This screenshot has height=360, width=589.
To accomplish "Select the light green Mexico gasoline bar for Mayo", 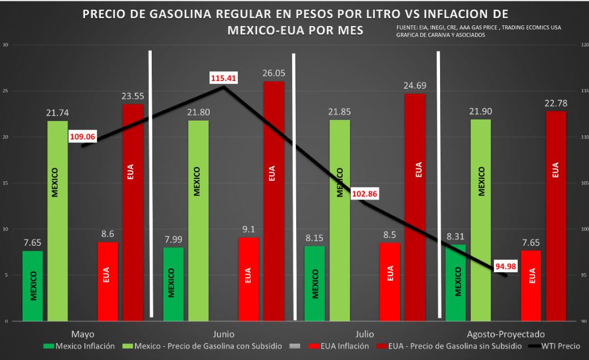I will pos(57,221).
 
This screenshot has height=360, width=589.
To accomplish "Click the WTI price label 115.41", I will pos(223,77).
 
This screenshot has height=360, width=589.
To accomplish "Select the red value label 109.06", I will pos(82,136).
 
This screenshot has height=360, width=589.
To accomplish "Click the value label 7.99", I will pos(173,238).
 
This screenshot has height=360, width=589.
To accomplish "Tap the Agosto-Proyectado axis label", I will pos(506,333).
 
